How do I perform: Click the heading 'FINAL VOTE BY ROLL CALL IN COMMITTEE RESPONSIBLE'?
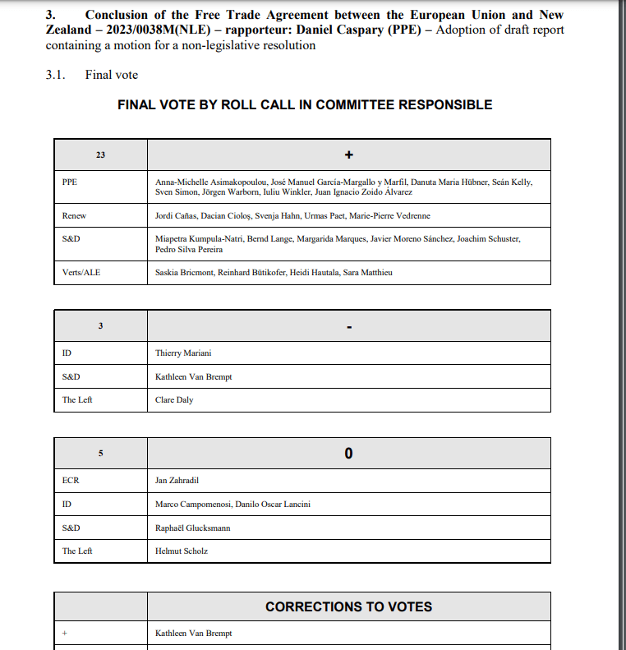click(305, 105)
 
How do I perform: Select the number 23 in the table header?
click(100, 154)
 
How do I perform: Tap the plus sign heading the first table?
click(348, 154)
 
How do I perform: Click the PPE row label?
click(70, 182)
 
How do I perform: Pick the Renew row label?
click(74, 215)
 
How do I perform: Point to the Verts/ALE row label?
click(81, 272)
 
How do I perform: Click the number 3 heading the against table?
click(100, 326)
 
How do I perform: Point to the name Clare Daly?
click(174, 400)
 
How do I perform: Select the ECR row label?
click(71, 481)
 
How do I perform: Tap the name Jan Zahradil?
click(177, 481)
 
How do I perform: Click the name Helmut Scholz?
click(181, 551)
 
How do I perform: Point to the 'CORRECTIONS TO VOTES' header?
click(348, 606)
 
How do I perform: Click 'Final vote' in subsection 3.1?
click(112, 75)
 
